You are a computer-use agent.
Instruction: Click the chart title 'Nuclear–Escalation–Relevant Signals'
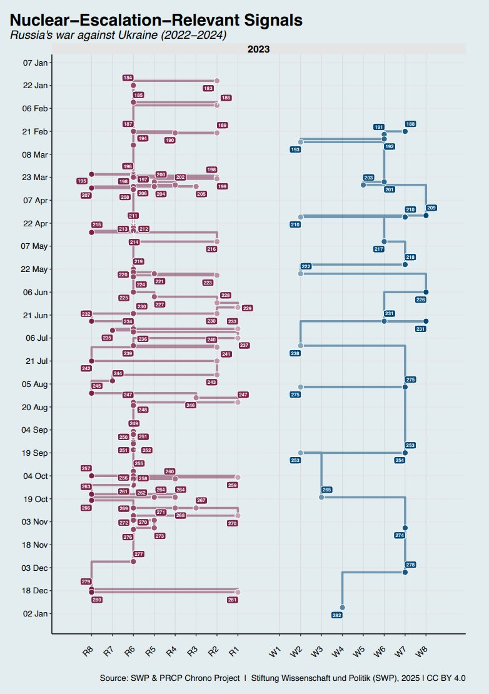pos(156,20)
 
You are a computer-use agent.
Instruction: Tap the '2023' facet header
pos(258,49)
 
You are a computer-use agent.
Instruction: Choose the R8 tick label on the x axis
pos(89,652)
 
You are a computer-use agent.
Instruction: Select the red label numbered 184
pos(128,78)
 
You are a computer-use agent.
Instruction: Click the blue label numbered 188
pos(411,124)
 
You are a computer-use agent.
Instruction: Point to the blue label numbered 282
pos(337,616)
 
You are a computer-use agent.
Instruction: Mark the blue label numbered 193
pos(295,150)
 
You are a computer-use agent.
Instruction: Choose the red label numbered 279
pos(86,582)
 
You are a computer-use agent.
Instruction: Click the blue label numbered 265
pos(326,490)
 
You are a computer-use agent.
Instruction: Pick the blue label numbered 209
pos(431,208)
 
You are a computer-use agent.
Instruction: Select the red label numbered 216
pos(211,249)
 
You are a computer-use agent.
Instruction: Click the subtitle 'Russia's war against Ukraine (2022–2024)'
pos(118,35)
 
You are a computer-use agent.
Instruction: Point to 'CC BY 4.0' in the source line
pos(448,678)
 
